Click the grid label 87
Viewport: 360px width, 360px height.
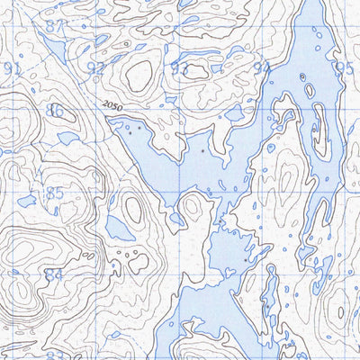point(56,26)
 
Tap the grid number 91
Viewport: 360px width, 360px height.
point(12,69)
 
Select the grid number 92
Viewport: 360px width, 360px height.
point(94,68)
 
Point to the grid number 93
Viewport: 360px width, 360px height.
point(179,69)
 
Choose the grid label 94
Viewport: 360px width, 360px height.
point(263,68)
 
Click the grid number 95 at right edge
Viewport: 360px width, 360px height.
point(345,68)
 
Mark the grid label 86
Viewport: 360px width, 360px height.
point(56,111)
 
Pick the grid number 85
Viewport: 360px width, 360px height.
point(55,193)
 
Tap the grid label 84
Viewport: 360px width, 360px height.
point(55,274)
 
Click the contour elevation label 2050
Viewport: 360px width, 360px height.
point(112,107)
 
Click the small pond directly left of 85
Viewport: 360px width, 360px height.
point(26,200)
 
